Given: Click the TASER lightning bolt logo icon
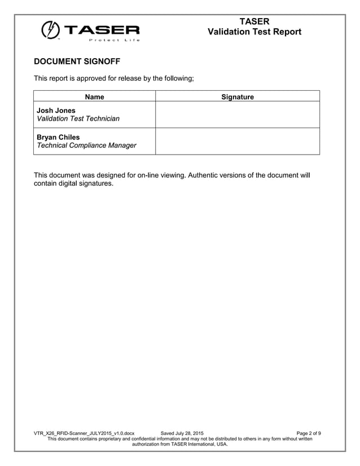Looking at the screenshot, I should coord(50,30).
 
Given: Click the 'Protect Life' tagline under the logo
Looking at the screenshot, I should coord(114,40).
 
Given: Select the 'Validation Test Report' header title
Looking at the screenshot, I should coord(254,32).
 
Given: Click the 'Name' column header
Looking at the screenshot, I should coord(94,97).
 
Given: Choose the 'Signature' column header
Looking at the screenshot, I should coord(237,97).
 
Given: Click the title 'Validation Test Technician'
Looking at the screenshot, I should coord(78,118).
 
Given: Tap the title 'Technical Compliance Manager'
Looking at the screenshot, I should coord(86,146).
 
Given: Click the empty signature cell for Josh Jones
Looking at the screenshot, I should coord(237,115).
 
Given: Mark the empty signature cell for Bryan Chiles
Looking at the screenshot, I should coord(237,141).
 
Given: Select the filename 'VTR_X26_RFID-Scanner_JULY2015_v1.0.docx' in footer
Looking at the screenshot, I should coord(84,433).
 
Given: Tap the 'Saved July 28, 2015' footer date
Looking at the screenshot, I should coord(182,433).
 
